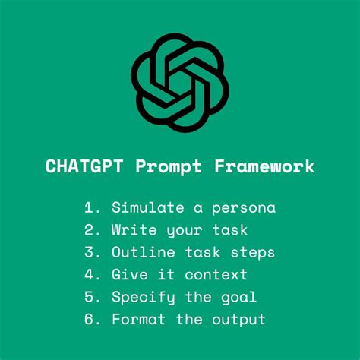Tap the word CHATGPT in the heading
(84, 166)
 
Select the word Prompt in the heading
(169, 168)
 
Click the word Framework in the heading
(264, 166)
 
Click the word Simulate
(148, 207)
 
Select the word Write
(134, 229)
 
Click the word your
(185, 232)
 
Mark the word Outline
(144, 252)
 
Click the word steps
(253, 254)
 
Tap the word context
(216, 275)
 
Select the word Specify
(144, 298)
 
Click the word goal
(238, 298)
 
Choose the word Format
(139, 319)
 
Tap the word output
(238, 321)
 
